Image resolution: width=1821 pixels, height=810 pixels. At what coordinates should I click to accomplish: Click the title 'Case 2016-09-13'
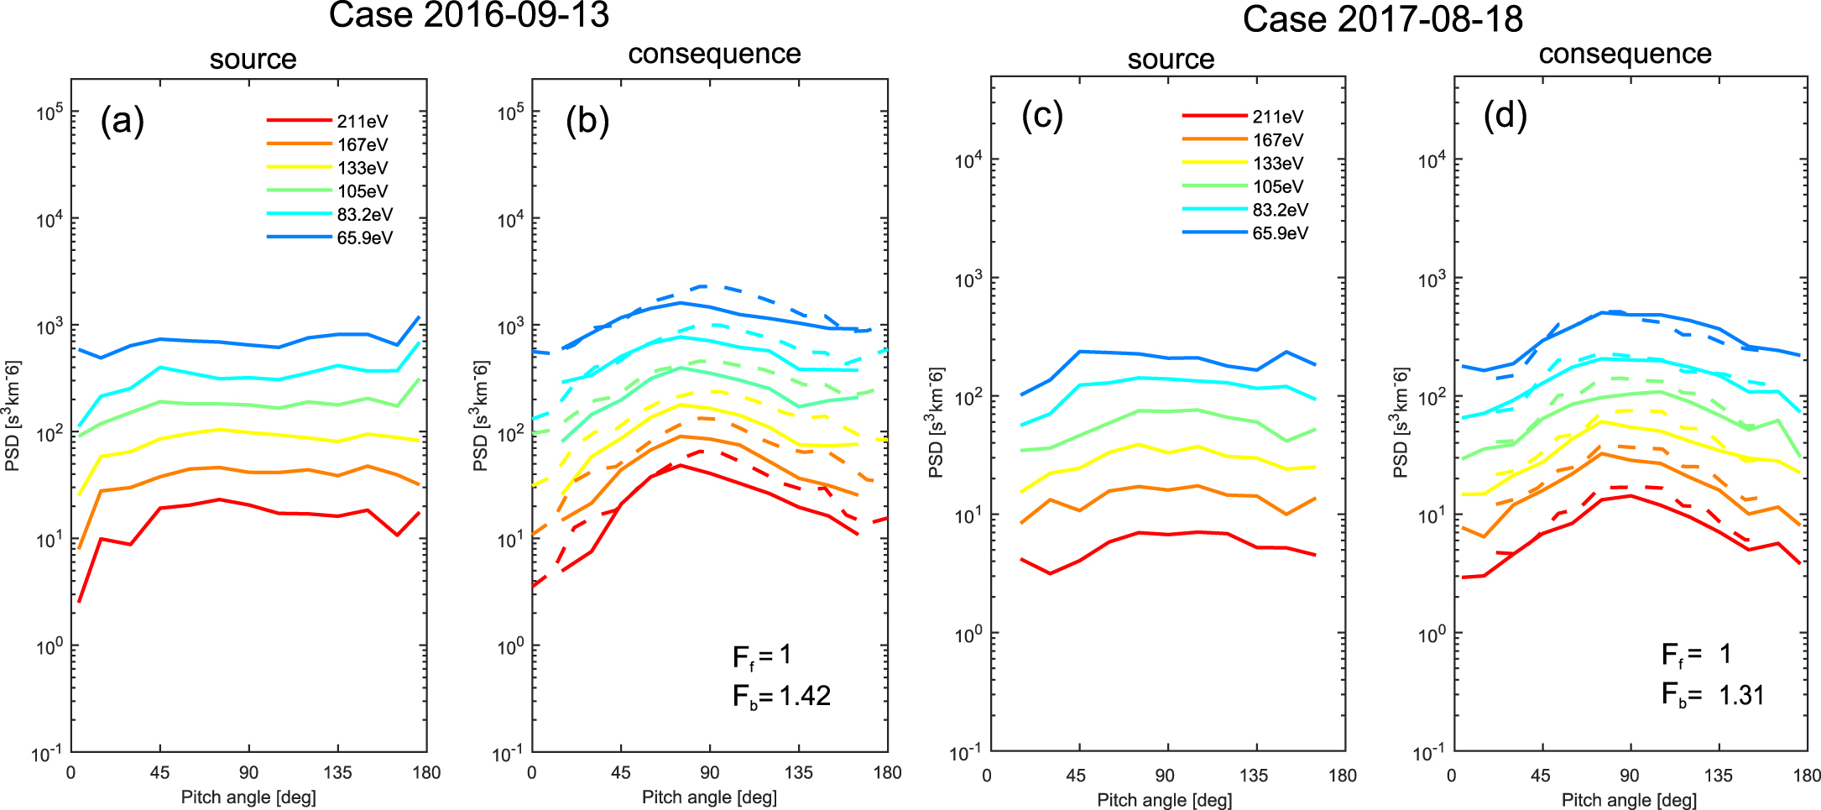click(468, 15)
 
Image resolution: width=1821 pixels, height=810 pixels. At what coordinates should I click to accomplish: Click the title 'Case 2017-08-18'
click(1382, 18)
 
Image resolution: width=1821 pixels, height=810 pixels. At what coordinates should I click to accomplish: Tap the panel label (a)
click(123, 121)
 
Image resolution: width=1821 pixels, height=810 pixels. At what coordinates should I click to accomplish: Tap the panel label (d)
click(1505, 115)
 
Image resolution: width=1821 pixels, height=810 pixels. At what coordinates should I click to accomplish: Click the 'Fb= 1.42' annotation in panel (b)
click(781, 696)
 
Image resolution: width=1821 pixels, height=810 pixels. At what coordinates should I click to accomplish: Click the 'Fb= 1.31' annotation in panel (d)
click(1713, 695)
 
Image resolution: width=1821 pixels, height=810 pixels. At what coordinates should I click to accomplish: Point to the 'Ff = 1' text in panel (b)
click(762, 656)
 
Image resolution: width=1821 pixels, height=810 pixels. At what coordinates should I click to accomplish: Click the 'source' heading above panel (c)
click(1171, 59)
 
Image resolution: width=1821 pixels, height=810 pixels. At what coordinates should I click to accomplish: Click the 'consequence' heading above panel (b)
click(714, 54)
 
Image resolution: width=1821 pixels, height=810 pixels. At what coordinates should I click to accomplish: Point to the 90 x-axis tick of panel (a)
click(248, 772)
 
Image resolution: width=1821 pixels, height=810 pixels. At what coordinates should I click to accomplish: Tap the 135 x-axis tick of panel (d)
click(1718, 775)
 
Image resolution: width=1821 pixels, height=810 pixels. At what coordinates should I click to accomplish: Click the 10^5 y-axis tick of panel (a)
click(50, 112)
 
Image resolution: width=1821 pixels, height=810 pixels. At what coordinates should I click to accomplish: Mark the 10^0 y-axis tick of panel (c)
click(969, 634)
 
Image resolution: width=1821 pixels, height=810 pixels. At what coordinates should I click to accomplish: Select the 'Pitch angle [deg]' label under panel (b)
click(709, 797)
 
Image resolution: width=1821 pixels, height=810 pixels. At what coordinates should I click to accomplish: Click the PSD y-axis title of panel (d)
click(1400, 422)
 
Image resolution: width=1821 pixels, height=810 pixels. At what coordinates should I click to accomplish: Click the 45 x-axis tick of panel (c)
click(1076, 775)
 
